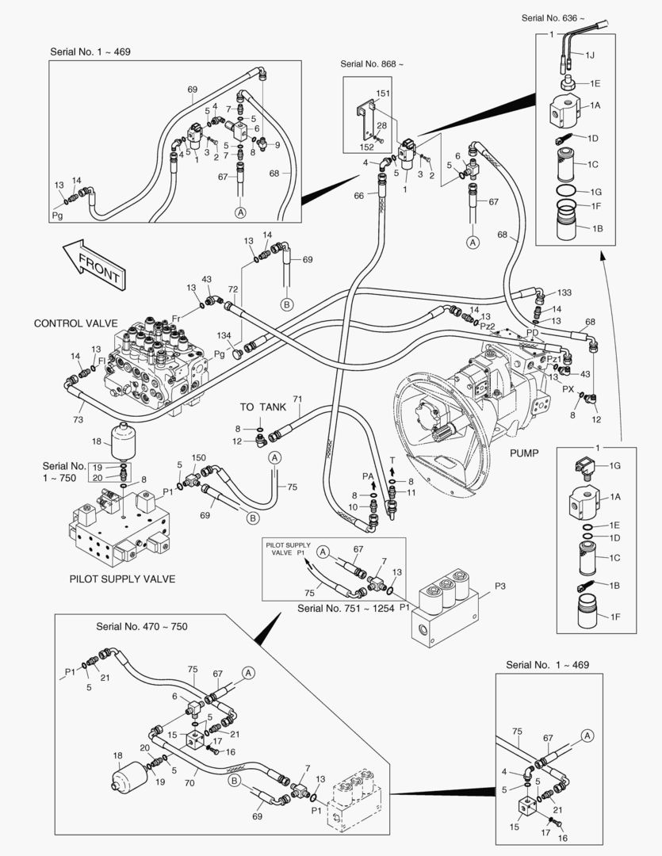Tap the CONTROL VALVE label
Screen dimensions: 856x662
point(75,324)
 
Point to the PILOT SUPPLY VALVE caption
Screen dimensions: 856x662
point(123,579)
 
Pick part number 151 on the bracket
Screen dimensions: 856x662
point(383,94)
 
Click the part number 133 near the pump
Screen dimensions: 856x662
point(564,293)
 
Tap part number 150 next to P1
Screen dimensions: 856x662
point(199,459)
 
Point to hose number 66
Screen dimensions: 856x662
point(358,196)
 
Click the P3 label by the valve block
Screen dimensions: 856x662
point(500,586)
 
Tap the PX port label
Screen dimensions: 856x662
point(568,389)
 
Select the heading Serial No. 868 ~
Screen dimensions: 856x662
point(372,63)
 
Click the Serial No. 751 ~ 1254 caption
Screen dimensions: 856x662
point(346,609)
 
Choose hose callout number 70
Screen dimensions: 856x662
point(189,784)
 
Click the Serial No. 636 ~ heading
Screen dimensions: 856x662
point(553,17)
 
